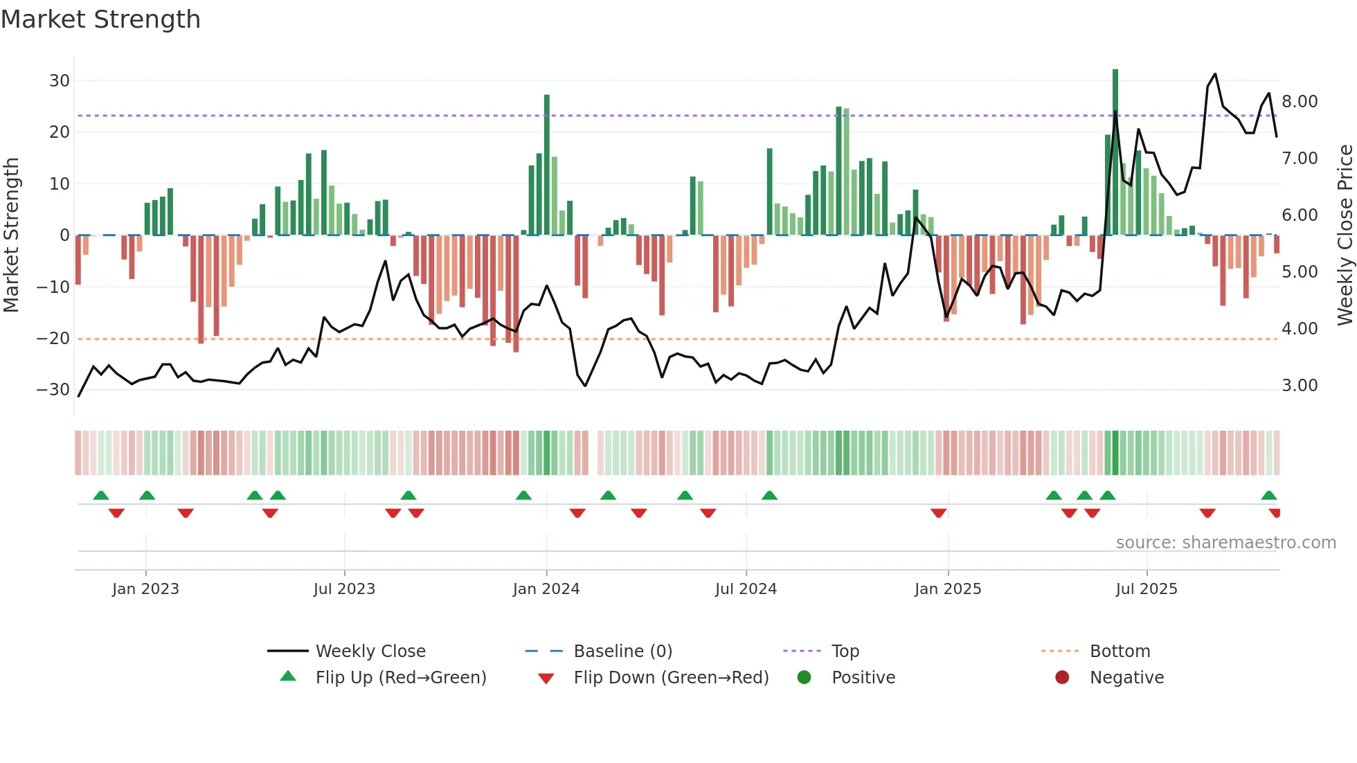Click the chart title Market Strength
click(100, 19)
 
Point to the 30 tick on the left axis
click(60, 80)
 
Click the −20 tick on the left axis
click(53, 339)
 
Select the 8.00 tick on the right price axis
click(1300, 102)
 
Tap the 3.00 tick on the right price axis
click(1300, 386)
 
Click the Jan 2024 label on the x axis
click(546, 589)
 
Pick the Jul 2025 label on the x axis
click(1146, 589)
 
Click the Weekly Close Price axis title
click(1345, 235)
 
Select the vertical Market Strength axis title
click(11, 235)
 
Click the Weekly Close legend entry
click(370, 652)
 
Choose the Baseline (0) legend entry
click(622, 652)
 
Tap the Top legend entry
click(845, 652)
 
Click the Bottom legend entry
click(1120, 652)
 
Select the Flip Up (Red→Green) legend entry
click(400, 678)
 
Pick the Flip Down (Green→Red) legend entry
click(670, 678)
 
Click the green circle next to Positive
click(804, 677)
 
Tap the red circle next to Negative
click(1062, 677)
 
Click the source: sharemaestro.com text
click(1225, 543)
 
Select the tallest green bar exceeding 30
click(1115, 152)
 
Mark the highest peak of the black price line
click(1215, 74)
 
